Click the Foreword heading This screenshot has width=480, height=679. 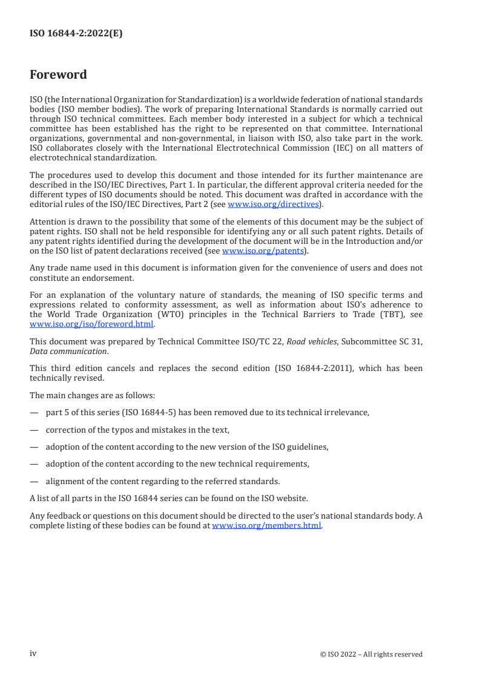[x=58, y=75]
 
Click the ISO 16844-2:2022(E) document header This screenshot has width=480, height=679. [x=76, y=34]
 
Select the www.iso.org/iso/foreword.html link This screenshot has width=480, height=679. [x=92, y=324]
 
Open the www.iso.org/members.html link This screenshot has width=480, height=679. [x=266, y=526]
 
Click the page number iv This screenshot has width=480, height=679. [x=33, y=654]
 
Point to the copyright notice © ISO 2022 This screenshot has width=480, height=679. [x=371, y=654]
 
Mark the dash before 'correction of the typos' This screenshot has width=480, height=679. [x=34, y=430]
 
